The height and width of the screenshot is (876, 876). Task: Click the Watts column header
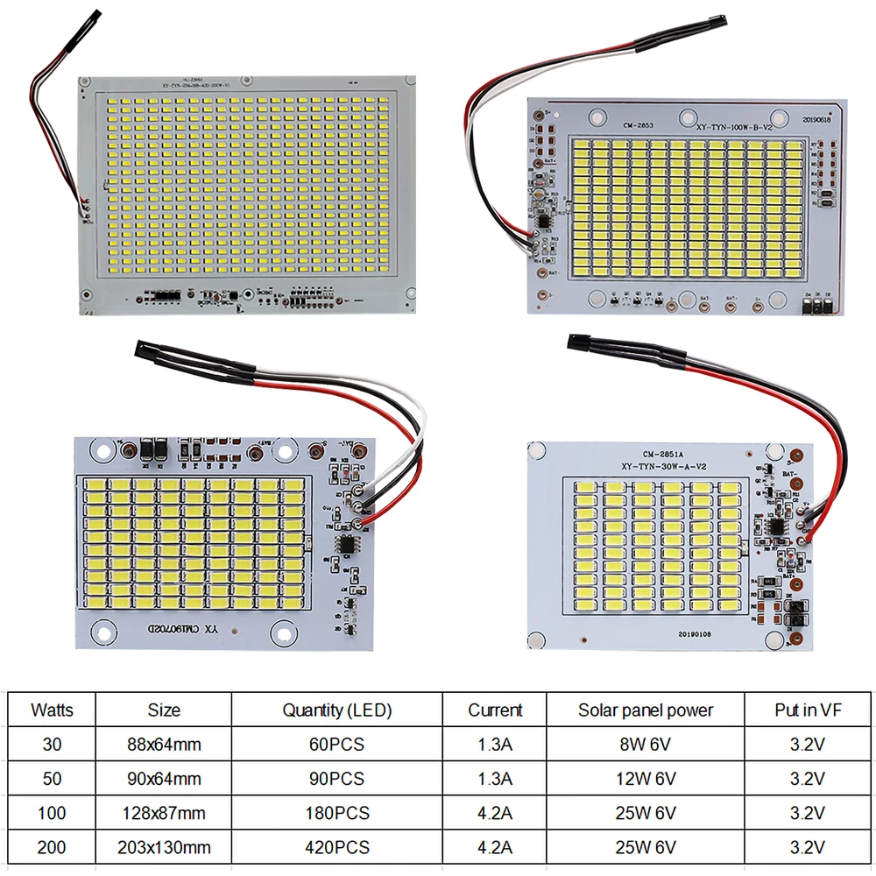coord(52,710)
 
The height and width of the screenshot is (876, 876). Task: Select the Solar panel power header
coord(646,710)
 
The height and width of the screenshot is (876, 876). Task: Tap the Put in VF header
coord(808,710)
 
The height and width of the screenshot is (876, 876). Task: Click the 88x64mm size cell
coord(165,745)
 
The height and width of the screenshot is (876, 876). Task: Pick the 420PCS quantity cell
coord(337,847)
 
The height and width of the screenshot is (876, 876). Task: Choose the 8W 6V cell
coord(646,745)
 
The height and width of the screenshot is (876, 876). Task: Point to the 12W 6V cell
coord(646,779)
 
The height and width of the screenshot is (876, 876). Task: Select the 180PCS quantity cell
coord(337,813)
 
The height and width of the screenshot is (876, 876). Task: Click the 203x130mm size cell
coord(165,847)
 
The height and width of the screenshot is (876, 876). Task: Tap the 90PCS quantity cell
coord(337,779)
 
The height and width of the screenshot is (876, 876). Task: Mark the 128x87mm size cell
coord(165,813)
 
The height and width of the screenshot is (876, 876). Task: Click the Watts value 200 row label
coord(52,847)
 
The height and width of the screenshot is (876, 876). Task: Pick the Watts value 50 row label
coord(52,779)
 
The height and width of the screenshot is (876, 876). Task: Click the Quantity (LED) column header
coord(337,710)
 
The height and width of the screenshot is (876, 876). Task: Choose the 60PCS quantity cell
coord(337,745)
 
